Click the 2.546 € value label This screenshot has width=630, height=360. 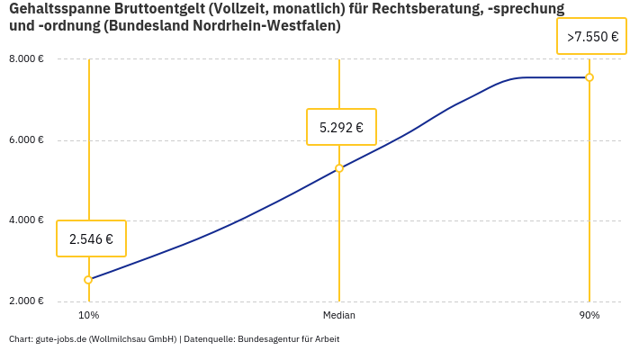pyautogui.click(x=91, y=238)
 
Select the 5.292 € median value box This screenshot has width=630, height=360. pyautogui.click(x=341, y=127)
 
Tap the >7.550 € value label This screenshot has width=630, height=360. pyautogui.click(x=592, y=37)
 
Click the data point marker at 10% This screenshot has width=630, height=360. pyautogui.click(x=88, y=280)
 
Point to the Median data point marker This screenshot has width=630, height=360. pyautogui.click(x=339, y=168)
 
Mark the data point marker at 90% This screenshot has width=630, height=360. pyautogui.click(x=589, y=77)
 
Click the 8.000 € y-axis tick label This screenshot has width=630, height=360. pyautogui.click(x=27, y=58)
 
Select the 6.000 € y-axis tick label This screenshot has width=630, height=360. pyautogui.click(x=27, y=139)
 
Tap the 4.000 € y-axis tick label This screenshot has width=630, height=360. pyautogui.click(x=27, y=220)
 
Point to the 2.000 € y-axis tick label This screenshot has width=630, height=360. pyautogui.click(x=27, y=301)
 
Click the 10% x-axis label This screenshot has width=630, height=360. pyautogui.click(x=88, y=315)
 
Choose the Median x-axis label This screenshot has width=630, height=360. pyautogui.click(x=339, y=315)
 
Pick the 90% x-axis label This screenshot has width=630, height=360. pyautogui.click(x=589, y=315)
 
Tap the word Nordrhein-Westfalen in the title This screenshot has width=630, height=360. pyautogui.click(x=269, y=26)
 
